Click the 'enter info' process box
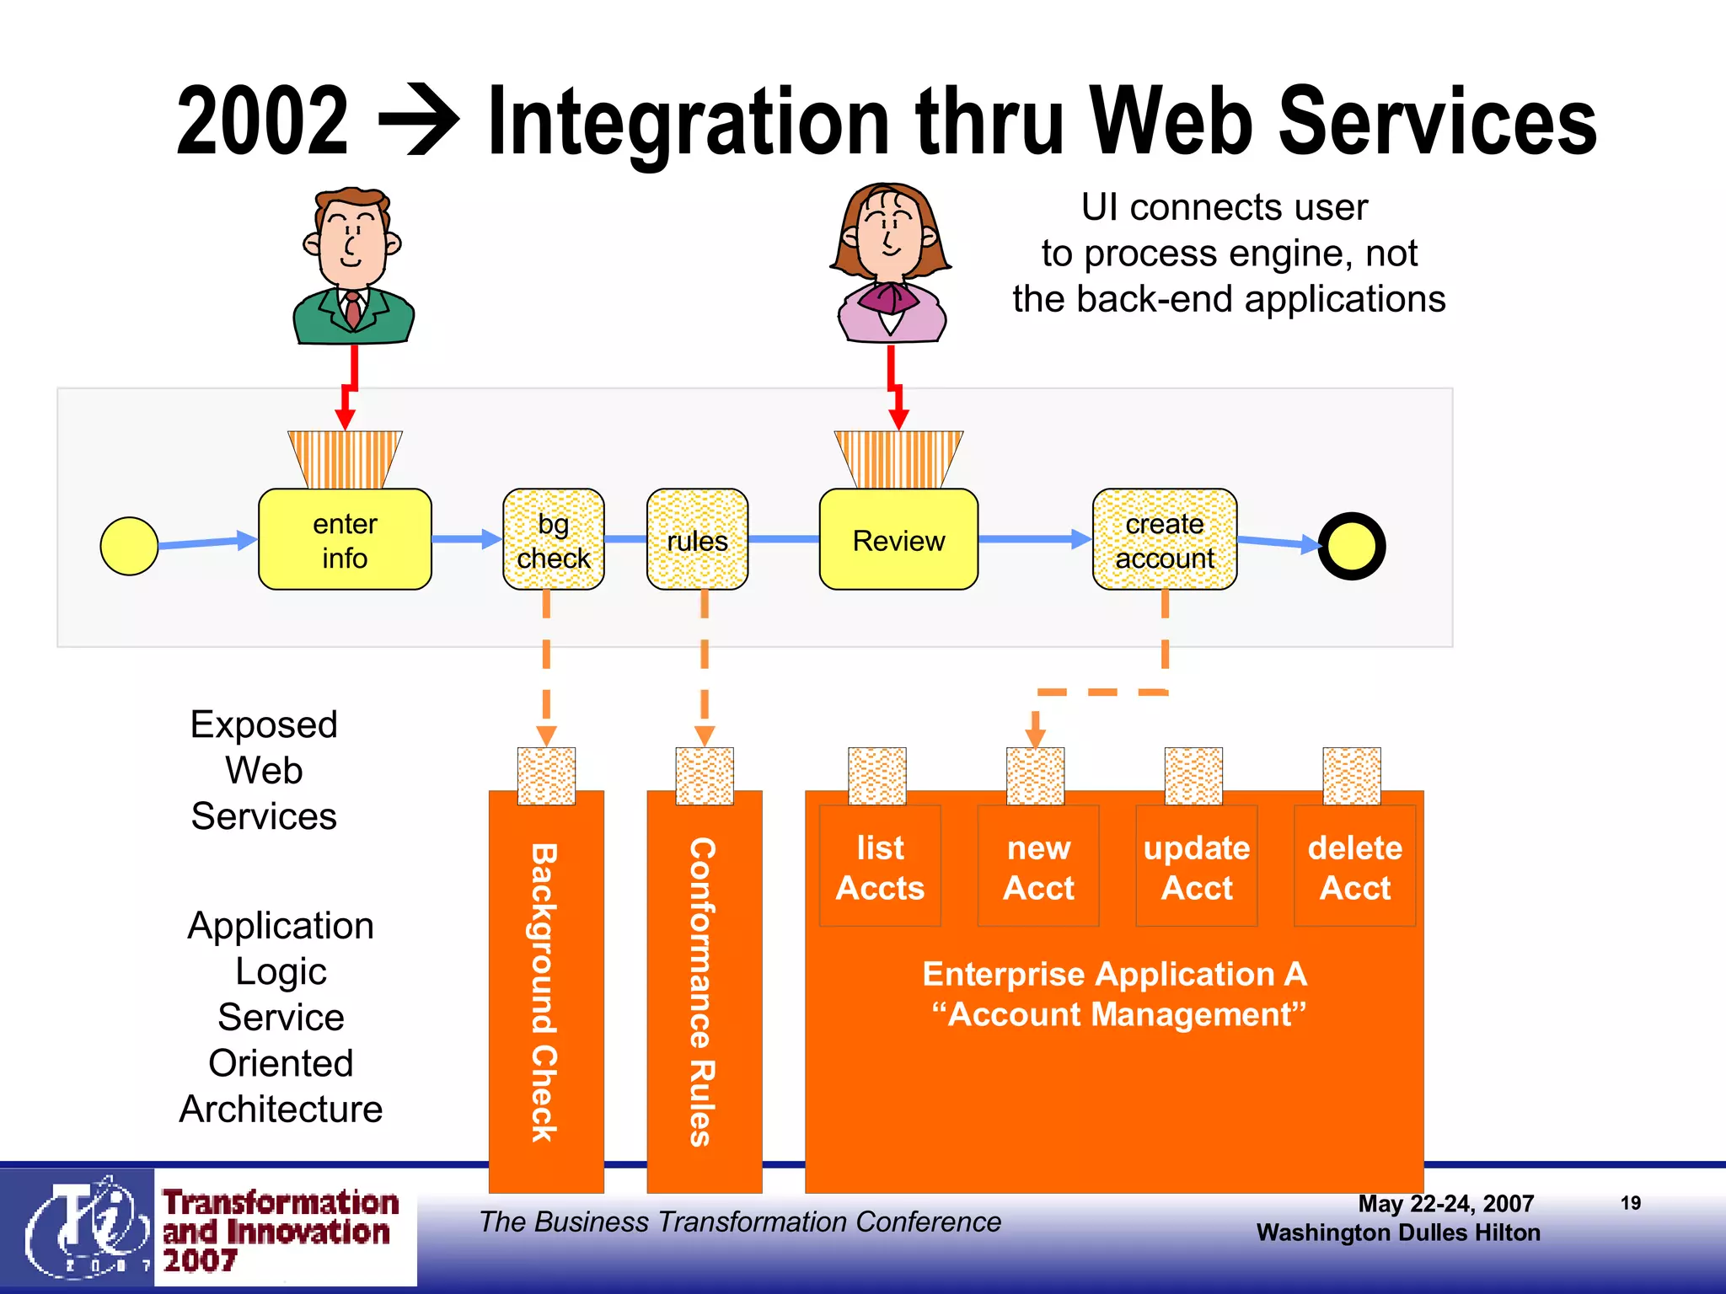click(x=345, y=539)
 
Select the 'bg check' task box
click(x=553, y=539)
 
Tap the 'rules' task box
click(x=697, y=539)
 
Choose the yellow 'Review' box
click(x=898, y=539)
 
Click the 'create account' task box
click(x=1164, y=539)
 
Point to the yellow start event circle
click(x=129, y=546)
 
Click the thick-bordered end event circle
click(x=1351, y=546)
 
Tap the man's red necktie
click(x=353, y=309)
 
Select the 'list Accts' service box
click(x=880, y=866)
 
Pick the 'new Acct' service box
click(x=1038, y=866)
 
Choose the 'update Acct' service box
click(x=1196, y=866)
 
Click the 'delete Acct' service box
click(x=1354, y=866)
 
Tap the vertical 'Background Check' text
click(x=544, y=992)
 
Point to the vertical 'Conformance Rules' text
click(x=703, y=992)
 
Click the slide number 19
click(x=1630, y=1203)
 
